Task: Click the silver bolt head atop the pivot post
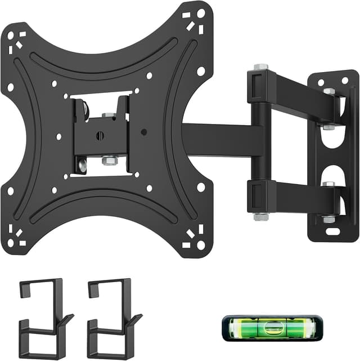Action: click(260, 68)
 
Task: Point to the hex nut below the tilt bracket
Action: click(109, 160)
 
